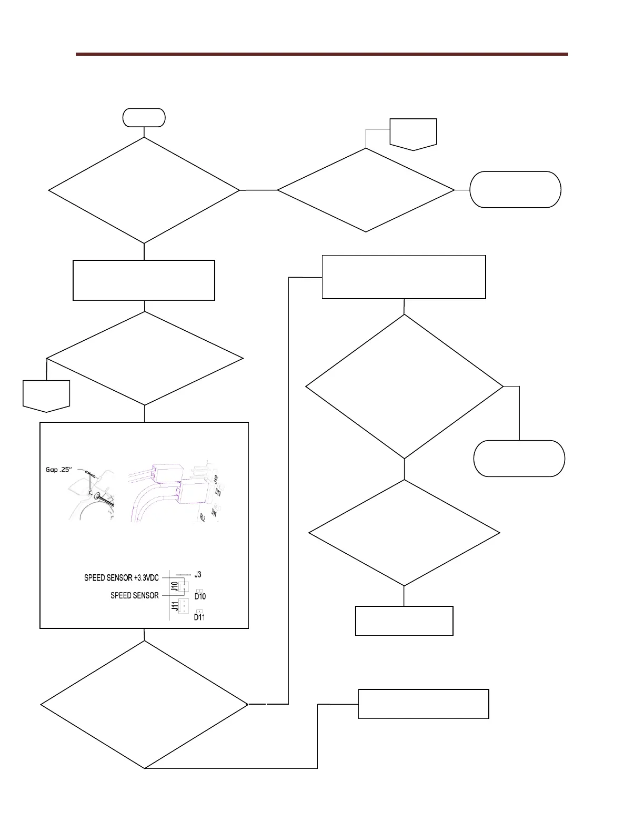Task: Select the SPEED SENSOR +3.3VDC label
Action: click(x=122, y=578)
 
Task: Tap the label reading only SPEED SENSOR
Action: click(x=134, y=596)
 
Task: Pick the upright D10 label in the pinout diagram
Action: click(x=200, y=596)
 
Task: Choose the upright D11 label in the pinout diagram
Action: click(x=199, y=617)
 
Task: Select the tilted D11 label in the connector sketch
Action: click(x=214, y=511)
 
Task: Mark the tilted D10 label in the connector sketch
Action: click(x=217, y=492)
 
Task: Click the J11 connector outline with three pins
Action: click(x=184, y=606)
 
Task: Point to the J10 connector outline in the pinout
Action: click(x=184, y=587)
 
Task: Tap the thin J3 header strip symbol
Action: click(x=183, y=575)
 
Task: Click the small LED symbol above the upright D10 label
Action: click(x=199, y=591)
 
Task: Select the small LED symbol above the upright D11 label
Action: click(x=199, y=611)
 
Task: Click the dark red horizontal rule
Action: click(x=321, y=54)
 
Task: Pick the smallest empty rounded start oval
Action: click(x=144, y=117)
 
